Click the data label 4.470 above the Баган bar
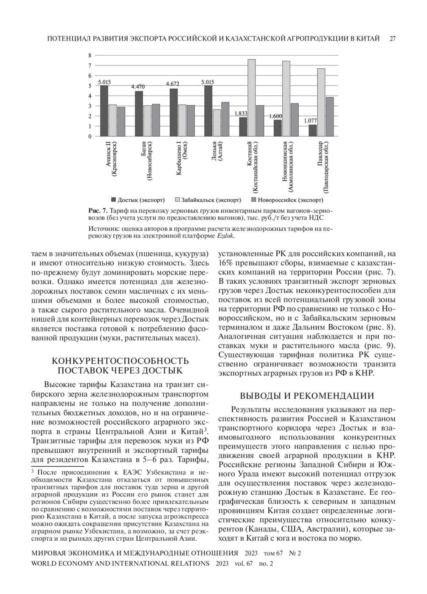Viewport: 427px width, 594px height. click(138, 86)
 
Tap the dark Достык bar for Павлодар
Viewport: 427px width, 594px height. click(312, 130)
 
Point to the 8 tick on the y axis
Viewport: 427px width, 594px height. click(90, 55)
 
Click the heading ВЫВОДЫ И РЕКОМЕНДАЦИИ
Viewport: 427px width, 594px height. click(307, 396)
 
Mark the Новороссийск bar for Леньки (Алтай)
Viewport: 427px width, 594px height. click(225, 119)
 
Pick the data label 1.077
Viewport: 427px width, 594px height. click(310, 121)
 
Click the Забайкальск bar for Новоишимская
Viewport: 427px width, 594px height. click(286, 99)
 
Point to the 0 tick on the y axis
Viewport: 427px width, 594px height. click(90, 136)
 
